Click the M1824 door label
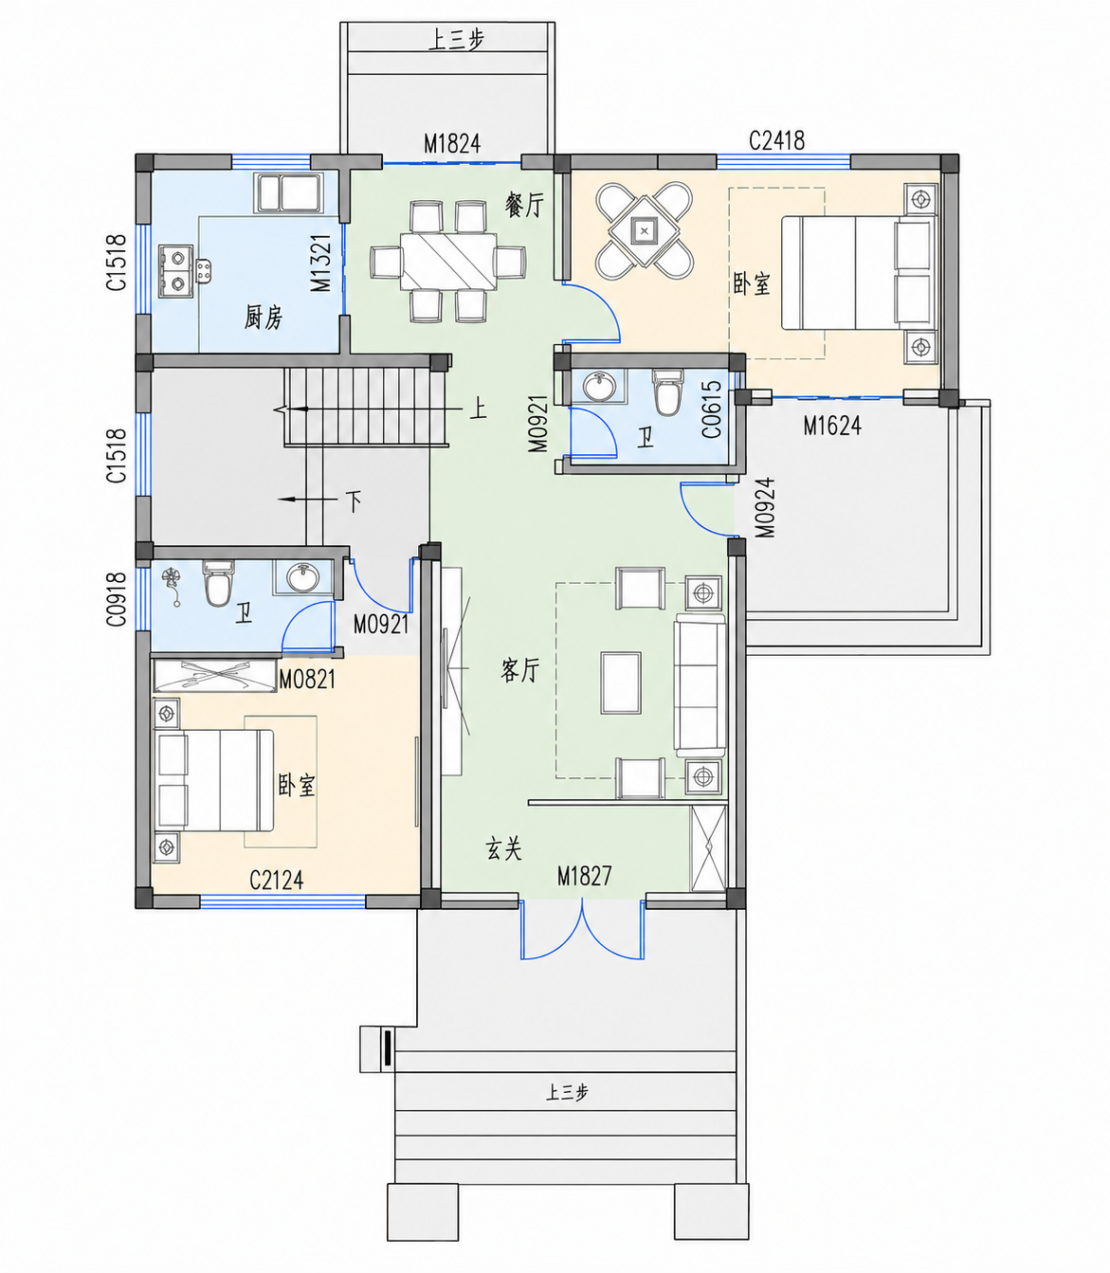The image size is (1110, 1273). pos(452,144)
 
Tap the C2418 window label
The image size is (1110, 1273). pos(776,140)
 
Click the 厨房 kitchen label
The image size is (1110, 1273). pos(263,318)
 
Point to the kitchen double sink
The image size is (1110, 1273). pos(288,192)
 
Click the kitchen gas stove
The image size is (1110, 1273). pos(175,271)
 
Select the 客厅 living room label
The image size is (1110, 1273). pos(519,670)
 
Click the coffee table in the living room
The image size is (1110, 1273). pos(621,682)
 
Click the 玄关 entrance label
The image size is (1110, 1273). pos(503,848)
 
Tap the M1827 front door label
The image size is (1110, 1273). pos(584,876)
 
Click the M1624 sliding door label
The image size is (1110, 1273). pos(832,427)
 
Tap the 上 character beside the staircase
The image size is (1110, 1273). pos(478,409)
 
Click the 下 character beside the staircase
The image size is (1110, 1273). pos(354,500)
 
